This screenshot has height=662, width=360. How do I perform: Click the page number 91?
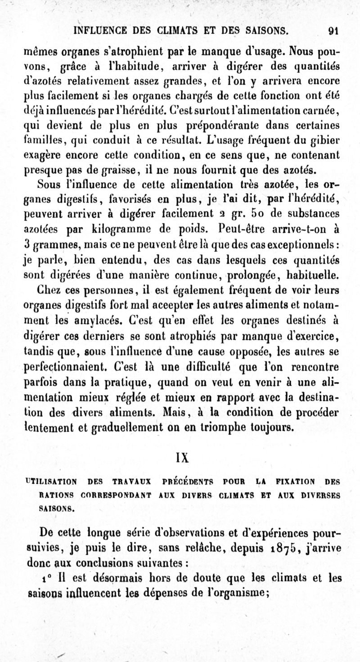333,31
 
